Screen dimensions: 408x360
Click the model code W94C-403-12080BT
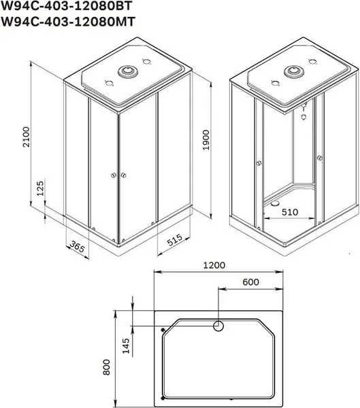pyautogui.click(x=69, y=7)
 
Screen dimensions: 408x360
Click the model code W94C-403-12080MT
pyautogui.click(x=69, y=22)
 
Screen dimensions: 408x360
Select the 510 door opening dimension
pyautogui.click(x=290, y=211)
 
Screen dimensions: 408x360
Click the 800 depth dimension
pyautogui.click(x=107, y=370)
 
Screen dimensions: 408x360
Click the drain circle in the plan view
pyautogui.click(x=219, y=326)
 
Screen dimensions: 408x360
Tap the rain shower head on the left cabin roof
pyautogui.click(x=127, y=71)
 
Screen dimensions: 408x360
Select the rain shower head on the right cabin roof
pyautogui.click(x=295, y=71)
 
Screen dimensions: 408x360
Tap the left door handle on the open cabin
pyautogui.click(x=258, y=163)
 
